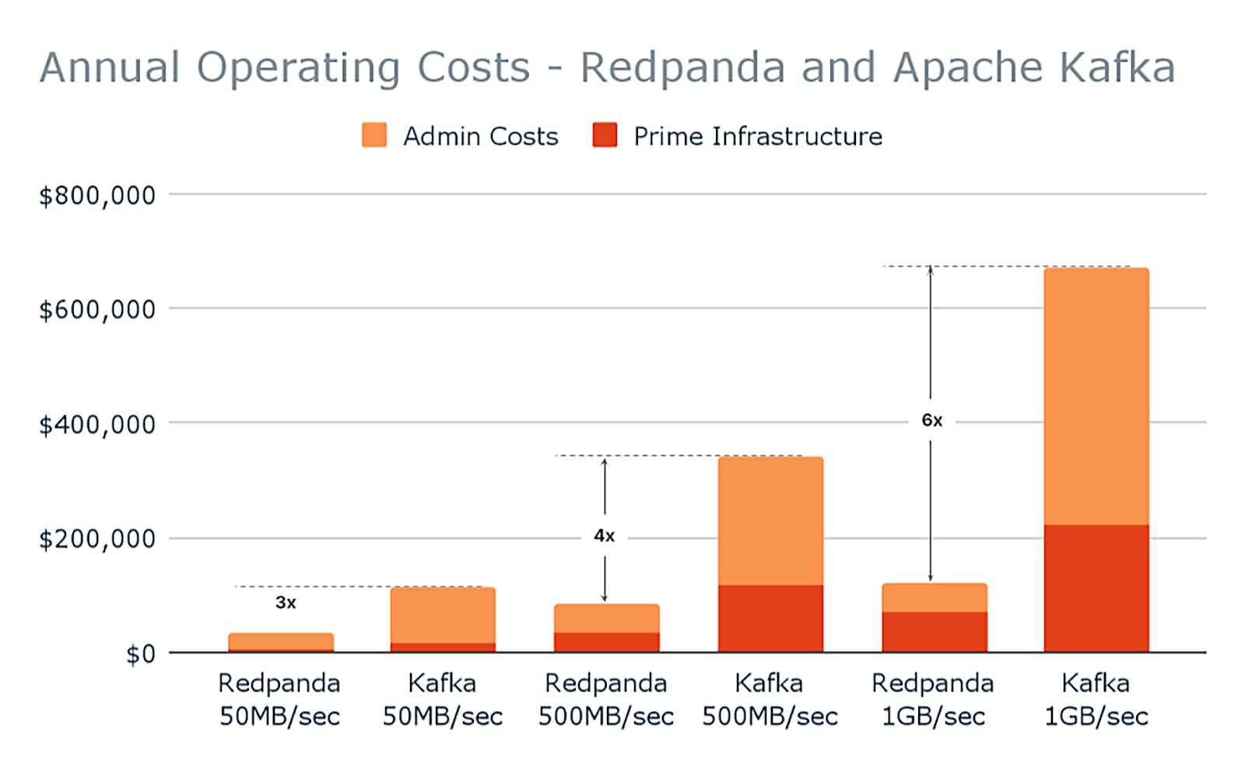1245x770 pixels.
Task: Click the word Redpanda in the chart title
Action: [682, 68]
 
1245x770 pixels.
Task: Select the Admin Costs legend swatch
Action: [374, 135]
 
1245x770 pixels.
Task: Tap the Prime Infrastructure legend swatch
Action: [605, 135]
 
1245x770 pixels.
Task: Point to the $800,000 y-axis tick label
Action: [97, 195]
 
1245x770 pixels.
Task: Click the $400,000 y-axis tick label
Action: [97, 425]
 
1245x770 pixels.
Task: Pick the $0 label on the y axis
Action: [141, 654]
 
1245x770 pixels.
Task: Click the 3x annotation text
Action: [286, 603]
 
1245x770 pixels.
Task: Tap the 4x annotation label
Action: [605, 536]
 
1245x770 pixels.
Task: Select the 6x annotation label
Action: [932, 421]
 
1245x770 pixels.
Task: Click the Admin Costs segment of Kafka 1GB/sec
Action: [1096, 397]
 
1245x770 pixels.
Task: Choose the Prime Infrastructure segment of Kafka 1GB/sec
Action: [1096, 588]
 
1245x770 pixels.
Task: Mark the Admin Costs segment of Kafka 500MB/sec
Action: [770, 521]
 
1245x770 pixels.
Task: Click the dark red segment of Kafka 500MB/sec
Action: [770, 618]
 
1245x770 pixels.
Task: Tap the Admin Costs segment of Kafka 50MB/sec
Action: [443, 614]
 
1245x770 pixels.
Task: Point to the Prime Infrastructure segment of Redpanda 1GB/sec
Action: [935, 632]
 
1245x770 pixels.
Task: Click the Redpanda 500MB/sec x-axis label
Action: [606, 699]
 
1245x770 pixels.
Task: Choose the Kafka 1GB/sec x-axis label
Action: [1096, 699]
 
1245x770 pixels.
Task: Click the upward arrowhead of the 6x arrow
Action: [931, 271]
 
